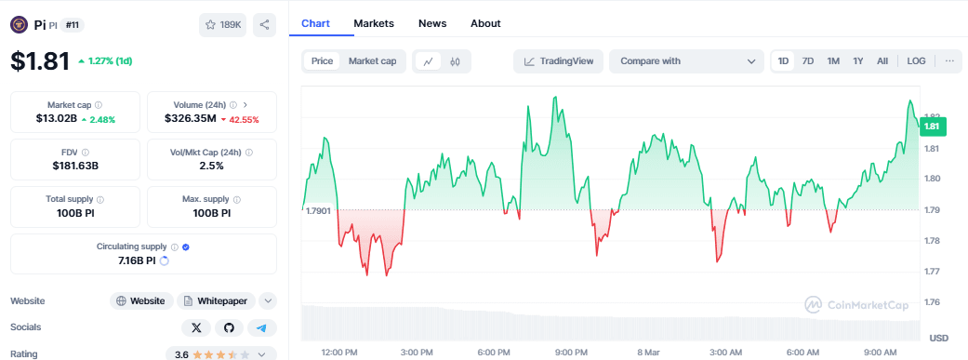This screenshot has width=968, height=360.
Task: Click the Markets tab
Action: click(374, 23)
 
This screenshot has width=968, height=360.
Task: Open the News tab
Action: click(432, 23)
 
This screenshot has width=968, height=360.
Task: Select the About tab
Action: click(485, 23)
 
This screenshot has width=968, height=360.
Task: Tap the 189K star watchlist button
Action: click(222, 25)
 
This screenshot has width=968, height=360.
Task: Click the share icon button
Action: click(265, 25)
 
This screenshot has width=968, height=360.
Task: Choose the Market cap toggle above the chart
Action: click(372, 61)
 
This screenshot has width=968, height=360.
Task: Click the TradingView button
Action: click(558, 61)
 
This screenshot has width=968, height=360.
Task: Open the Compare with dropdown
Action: click(686, 61)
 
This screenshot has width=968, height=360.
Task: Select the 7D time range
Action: click(808, 61)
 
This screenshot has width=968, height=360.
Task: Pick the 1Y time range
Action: click(858, 61)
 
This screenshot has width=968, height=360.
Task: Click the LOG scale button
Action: click(916, 61)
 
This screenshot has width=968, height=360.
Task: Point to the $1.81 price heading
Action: click(40, 61)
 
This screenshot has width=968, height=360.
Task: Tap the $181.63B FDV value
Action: click(75, 166)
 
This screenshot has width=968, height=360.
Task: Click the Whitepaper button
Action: click(216, 300)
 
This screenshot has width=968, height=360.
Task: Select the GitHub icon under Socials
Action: click(229, 327)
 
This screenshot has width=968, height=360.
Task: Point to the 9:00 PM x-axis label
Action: click(570, 353)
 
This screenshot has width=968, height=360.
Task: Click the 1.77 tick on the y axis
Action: click(932, 272)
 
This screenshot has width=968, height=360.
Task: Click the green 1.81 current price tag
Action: click(932, 127)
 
